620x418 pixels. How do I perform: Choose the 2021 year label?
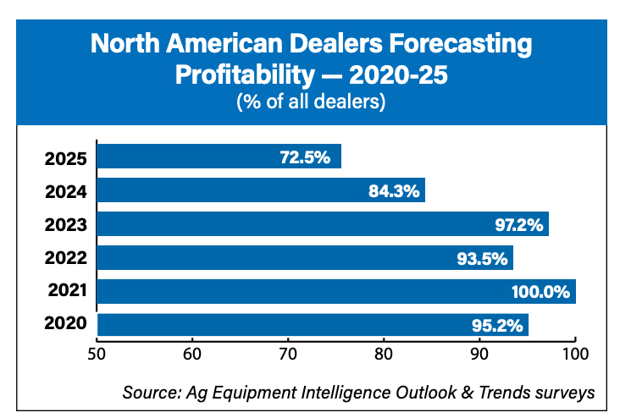69,291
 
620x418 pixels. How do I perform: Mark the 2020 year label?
69,325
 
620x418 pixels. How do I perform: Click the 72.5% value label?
304,157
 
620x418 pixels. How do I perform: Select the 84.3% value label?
394,191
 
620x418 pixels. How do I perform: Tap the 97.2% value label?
518,225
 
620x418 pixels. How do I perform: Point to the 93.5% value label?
483,258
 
